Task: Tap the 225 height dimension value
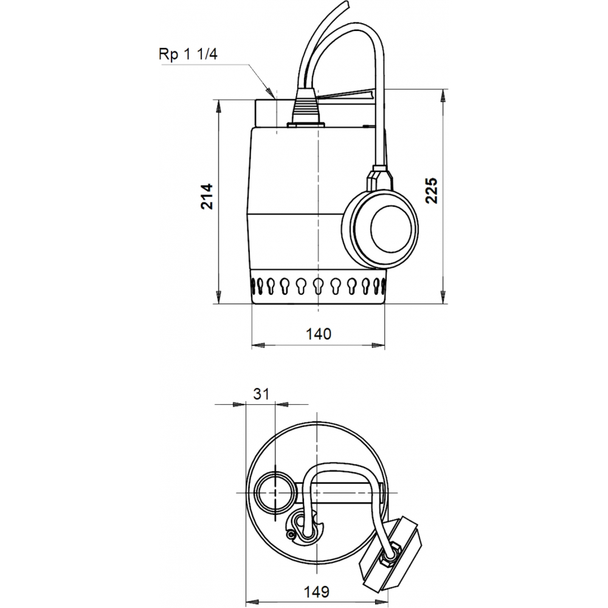(431, 191)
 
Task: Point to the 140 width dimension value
(318, 333)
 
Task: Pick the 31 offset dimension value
(261, 393)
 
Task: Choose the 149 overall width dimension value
(317, 591)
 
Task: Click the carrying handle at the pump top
(347, 96)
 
